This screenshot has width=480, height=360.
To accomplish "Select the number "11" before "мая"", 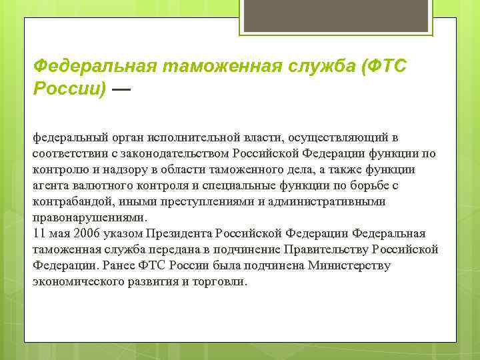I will click(39, 233).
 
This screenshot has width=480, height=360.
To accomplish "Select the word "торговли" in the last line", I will click(219, 281).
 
